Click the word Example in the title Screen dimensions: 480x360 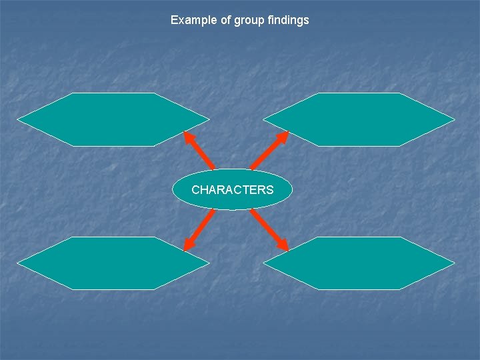192,20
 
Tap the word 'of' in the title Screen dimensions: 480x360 223,20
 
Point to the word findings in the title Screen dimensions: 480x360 288,20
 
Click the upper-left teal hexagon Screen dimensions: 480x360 113,119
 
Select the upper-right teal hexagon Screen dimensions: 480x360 359,119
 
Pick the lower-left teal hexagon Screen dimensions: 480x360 113,263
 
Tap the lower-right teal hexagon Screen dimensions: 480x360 359,263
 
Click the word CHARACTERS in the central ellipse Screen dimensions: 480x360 232,190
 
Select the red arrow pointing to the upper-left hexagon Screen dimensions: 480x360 199,150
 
